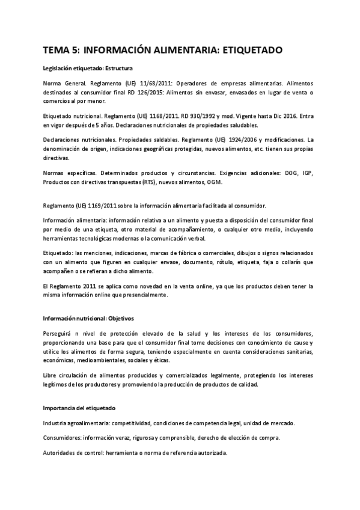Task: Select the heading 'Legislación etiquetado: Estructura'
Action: coord(88,68)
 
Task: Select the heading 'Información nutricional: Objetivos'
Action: coord(88,318)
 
